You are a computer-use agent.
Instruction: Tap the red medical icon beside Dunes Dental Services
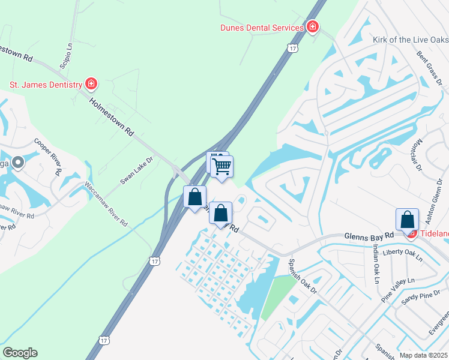click(x=312, y=27)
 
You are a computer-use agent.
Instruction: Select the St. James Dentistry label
click(x=46, y=85)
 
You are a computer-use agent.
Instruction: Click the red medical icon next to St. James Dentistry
click(x=91, y=84)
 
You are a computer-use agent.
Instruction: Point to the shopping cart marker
click(x=222, y=166)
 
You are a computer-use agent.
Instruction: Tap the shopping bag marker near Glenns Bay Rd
click(x=408, y=220)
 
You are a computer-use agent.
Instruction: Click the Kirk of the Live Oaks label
click(x=411, y=40)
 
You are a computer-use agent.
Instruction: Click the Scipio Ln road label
click(x=66, y=54)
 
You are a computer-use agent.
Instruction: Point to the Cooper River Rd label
click(x=48, y=155)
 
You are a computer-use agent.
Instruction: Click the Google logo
click(x=20, y=353)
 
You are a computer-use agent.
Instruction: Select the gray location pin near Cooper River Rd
click(x=18, y=162)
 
